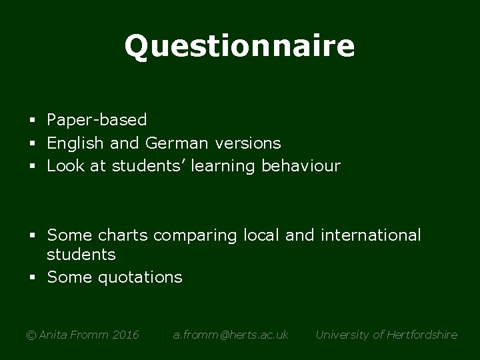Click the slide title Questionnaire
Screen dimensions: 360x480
(x=239, y=47)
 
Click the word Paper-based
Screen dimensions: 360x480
(x=97, y=120)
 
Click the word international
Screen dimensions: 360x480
(x=370, y=235)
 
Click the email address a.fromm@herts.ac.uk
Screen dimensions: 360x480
(x=231, y=335)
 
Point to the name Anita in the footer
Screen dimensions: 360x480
(x=53, y=335)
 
